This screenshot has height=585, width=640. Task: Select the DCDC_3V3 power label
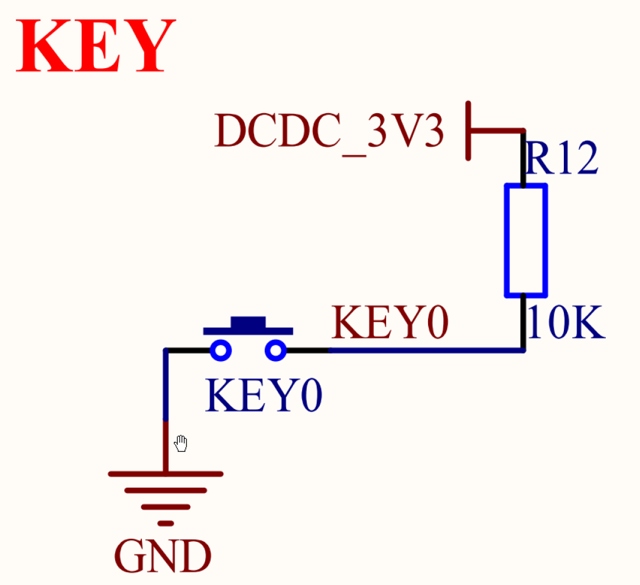tap(329, 132)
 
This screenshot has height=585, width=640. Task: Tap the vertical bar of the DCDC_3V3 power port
tap(468, 131)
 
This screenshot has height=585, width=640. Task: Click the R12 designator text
tap(562, 160)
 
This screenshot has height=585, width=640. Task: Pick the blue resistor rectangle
tap(525, 240)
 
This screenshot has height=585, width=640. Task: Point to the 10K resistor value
tap(566, 323)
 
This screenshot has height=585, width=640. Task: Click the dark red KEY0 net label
tap(390, 322)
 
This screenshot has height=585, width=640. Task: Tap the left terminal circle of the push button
tap(220, 351)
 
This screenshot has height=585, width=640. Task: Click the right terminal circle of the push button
tap(275, 351)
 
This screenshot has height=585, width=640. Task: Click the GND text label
tap(163, 556)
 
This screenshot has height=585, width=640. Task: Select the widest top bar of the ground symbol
tap(165, 474)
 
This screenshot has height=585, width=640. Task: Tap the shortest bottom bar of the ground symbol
tap(165, 523)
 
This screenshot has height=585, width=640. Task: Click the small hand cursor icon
tap(181, 444)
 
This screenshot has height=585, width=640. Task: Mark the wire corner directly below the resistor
tap(524, 350)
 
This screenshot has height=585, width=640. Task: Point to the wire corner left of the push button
tap(166, 351)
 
